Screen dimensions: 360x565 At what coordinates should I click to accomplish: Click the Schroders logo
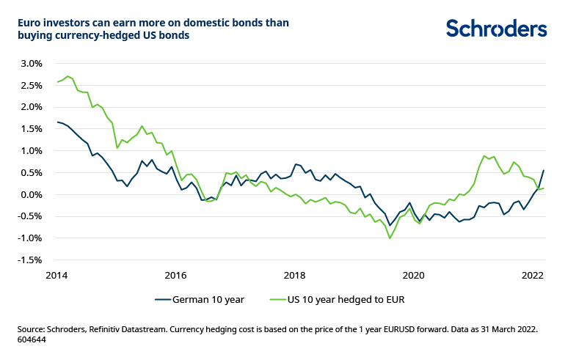click(497, 29)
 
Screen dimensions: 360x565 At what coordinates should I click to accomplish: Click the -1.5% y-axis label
click(32, 260)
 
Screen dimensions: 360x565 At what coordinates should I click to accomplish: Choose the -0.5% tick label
click(32, 216)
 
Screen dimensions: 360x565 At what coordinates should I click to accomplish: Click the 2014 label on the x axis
click(56, 276)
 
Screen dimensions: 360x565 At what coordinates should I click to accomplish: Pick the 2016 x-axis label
click(175, 276)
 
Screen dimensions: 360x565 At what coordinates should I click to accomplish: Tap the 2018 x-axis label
click(294, 276)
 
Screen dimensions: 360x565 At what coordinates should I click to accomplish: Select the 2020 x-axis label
click(413, 276)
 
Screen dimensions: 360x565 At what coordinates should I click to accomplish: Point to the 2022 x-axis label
click(532, 276)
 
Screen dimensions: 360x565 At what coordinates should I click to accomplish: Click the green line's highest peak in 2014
click(68, 76)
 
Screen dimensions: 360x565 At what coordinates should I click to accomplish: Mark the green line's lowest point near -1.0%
click(390, 238)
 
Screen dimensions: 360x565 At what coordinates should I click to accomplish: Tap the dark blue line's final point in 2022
click(543, 170)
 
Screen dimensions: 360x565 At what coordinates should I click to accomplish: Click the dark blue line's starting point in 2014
click(57, 122)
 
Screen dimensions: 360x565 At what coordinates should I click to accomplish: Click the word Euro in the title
click(31, 22)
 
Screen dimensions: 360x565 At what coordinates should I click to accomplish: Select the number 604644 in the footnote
click(32, 341)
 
